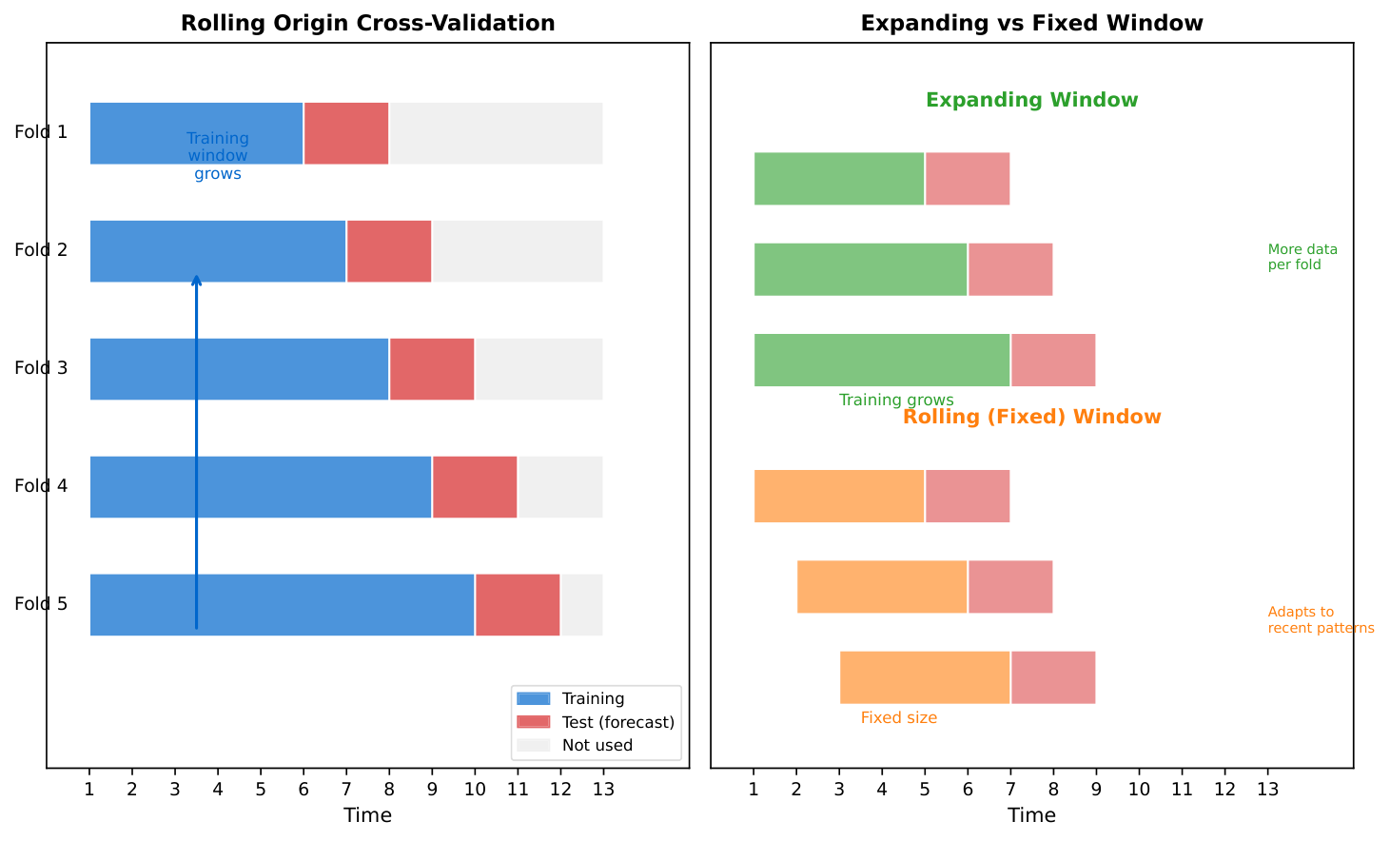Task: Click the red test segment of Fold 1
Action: coord(345,133)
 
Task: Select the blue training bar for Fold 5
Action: coord(282,605)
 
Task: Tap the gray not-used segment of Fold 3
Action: coord(538,369)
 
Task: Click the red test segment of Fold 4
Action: coord(474,487)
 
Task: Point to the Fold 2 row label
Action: coord(41,250)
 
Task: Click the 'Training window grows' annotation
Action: coord(218,156)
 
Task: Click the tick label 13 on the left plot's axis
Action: coord(602,789)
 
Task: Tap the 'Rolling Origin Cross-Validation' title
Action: coord(367,24)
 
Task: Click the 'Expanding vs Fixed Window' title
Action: coord(1031,24)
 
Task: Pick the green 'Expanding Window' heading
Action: coord(1031,100)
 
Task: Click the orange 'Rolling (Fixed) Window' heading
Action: coord(1031,417)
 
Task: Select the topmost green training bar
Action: coord(838,179)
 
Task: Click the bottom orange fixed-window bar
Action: coord(924,677)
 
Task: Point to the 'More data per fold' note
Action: coord(1302,257)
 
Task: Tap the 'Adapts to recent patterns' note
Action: coord(1321,620)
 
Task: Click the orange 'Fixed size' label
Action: coord(898,718)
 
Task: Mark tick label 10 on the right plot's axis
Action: coord(1139,789)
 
